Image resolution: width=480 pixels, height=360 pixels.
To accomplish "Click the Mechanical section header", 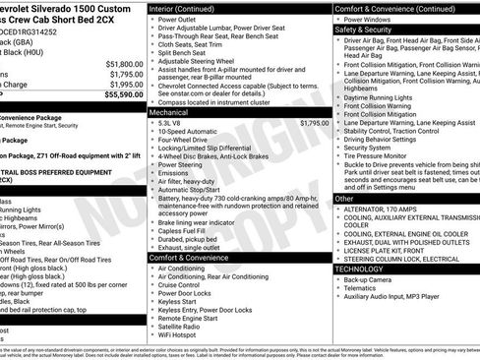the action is [x=173, y=113].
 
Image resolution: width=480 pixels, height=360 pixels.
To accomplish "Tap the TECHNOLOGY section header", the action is [x=360, y=268].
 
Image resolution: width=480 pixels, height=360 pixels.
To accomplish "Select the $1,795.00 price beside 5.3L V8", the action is [x=308, y=124].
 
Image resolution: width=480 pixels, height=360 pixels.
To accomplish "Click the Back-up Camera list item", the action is [x=373, y=279].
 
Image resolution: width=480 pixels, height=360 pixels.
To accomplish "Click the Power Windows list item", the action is [x=372, y=19].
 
